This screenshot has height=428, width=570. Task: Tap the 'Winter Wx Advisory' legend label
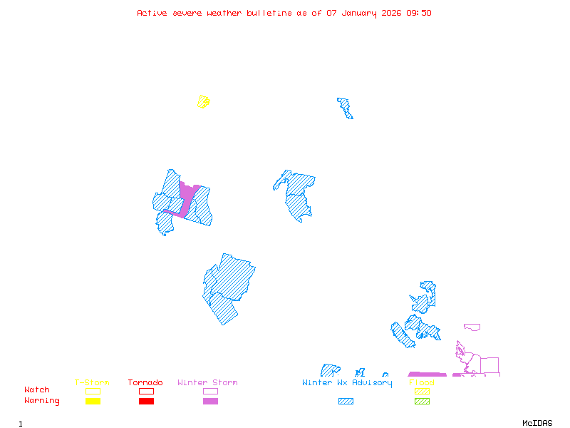[x=347, y=383]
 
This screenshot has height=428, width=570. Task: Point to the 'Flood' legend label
[x=422, y=383]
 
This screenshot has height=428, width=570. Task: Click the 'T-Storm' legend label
[x=92, y=383]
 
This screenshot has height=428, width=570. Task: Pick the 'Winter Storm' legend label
[x=207, y=383]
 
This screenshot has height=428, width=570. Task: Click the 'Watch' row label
[x=37, y=390]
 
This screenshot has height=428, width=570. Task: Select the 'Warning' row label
[x=42, y=401]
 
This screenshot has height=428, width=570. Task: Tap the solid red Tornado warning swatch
[x=146, y=402]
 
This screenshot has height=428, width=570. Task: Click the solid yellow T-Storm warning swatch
[x=93, y=402]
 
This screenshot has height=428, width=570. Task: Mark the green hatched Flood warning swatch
[x=422, y=402]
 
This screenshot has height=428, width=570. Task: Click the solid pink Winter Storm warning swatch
[x=210, y=402]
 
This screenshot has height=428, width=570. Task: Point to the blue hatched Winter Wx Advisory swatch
[x=346, y=402]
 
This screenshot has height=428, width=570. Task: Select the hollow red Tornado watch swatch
[x=146, y=391]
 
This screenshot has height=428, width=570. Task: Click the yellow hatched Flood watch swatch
[x=422, y=391]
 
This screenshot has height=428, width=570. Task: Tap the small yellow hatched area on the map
[x=204, y=101]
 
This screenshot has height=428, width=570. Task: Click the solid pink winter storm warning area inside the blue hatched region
[x=187, y=195]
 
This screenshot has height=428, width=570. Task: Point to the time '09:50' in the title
[x=419, y=13]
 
